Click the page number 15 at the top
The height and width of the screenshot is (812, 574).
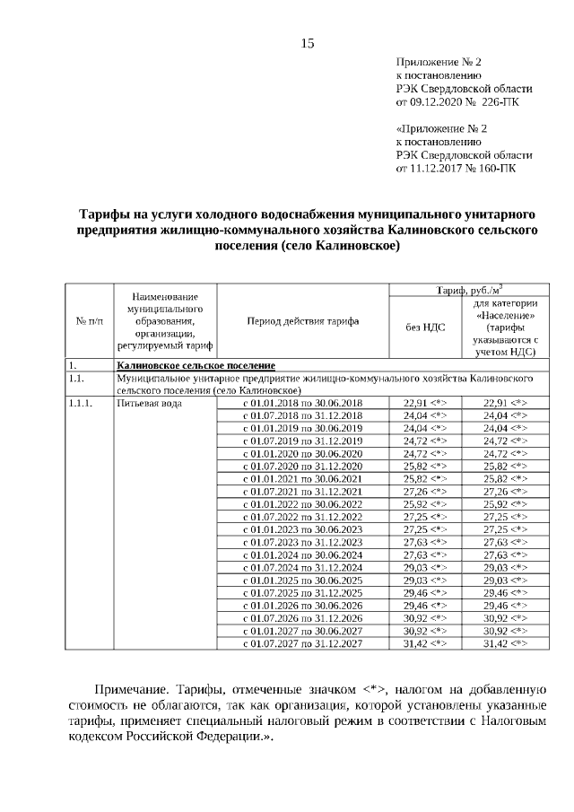click(x=308, y=43)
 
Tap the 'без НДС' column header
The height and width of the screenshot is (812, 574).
click(x=424, y=327)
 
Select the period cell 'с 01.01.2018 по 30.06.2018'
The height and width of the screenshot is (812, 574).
click(x=303, y=403)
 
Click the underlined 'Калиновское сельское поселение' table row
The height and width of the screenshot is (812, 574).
click(x=196, y=366)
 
